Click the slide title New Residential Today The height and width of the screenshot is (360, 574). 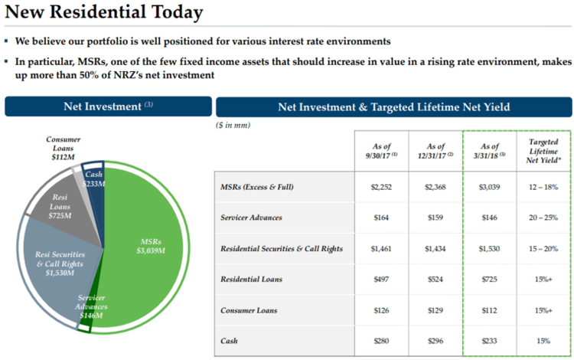click(103, 13)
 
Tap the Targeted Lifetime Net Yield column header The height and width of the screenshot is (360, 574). click(543, 151)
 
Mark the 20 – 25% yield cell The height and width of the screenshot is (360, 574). click(543, 218)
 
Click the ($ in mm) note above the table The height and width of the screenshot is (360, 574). click(234, 125)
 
